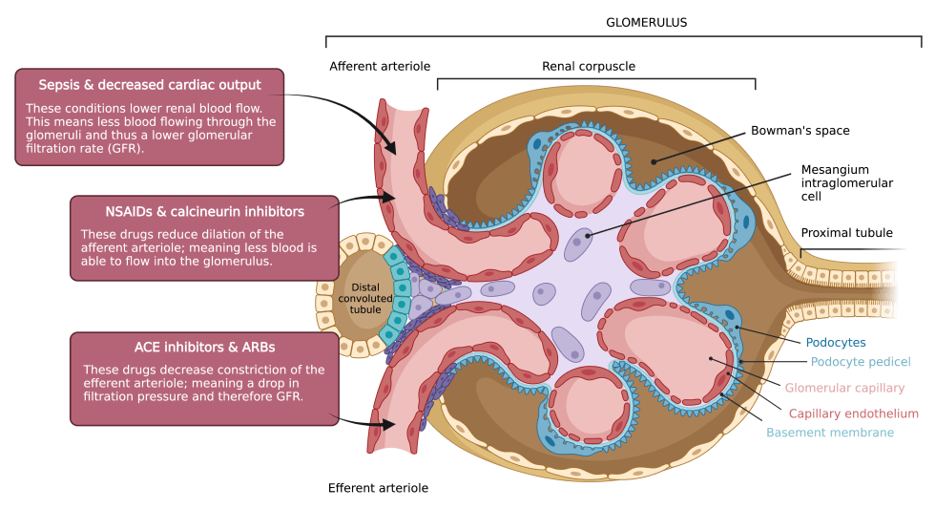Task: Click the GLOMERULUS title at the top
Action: point(646,22)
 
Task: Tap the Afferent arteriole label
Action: point(380,67)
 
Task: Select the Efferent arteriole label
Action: point(378,488)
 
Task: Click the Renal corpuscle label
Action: point(589,67)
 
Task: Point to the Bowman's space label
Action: point(800,131)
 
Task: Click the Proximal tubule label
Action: point(846,233)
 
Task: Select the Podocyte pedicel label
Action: point(861,362)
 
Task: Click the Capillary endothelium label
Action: point(853,414)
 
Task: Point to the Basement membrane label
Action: point(830,433)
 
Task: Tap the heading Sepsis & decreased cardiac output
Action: point(150,85)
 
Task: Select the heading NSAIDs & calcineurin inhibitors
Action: point(204,211)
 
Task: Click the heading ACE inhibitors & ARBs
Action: point(204,348)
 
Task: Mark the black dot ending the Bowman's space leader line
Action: point(654,161)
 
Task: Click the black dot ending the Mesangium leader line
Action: point(589,234)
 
